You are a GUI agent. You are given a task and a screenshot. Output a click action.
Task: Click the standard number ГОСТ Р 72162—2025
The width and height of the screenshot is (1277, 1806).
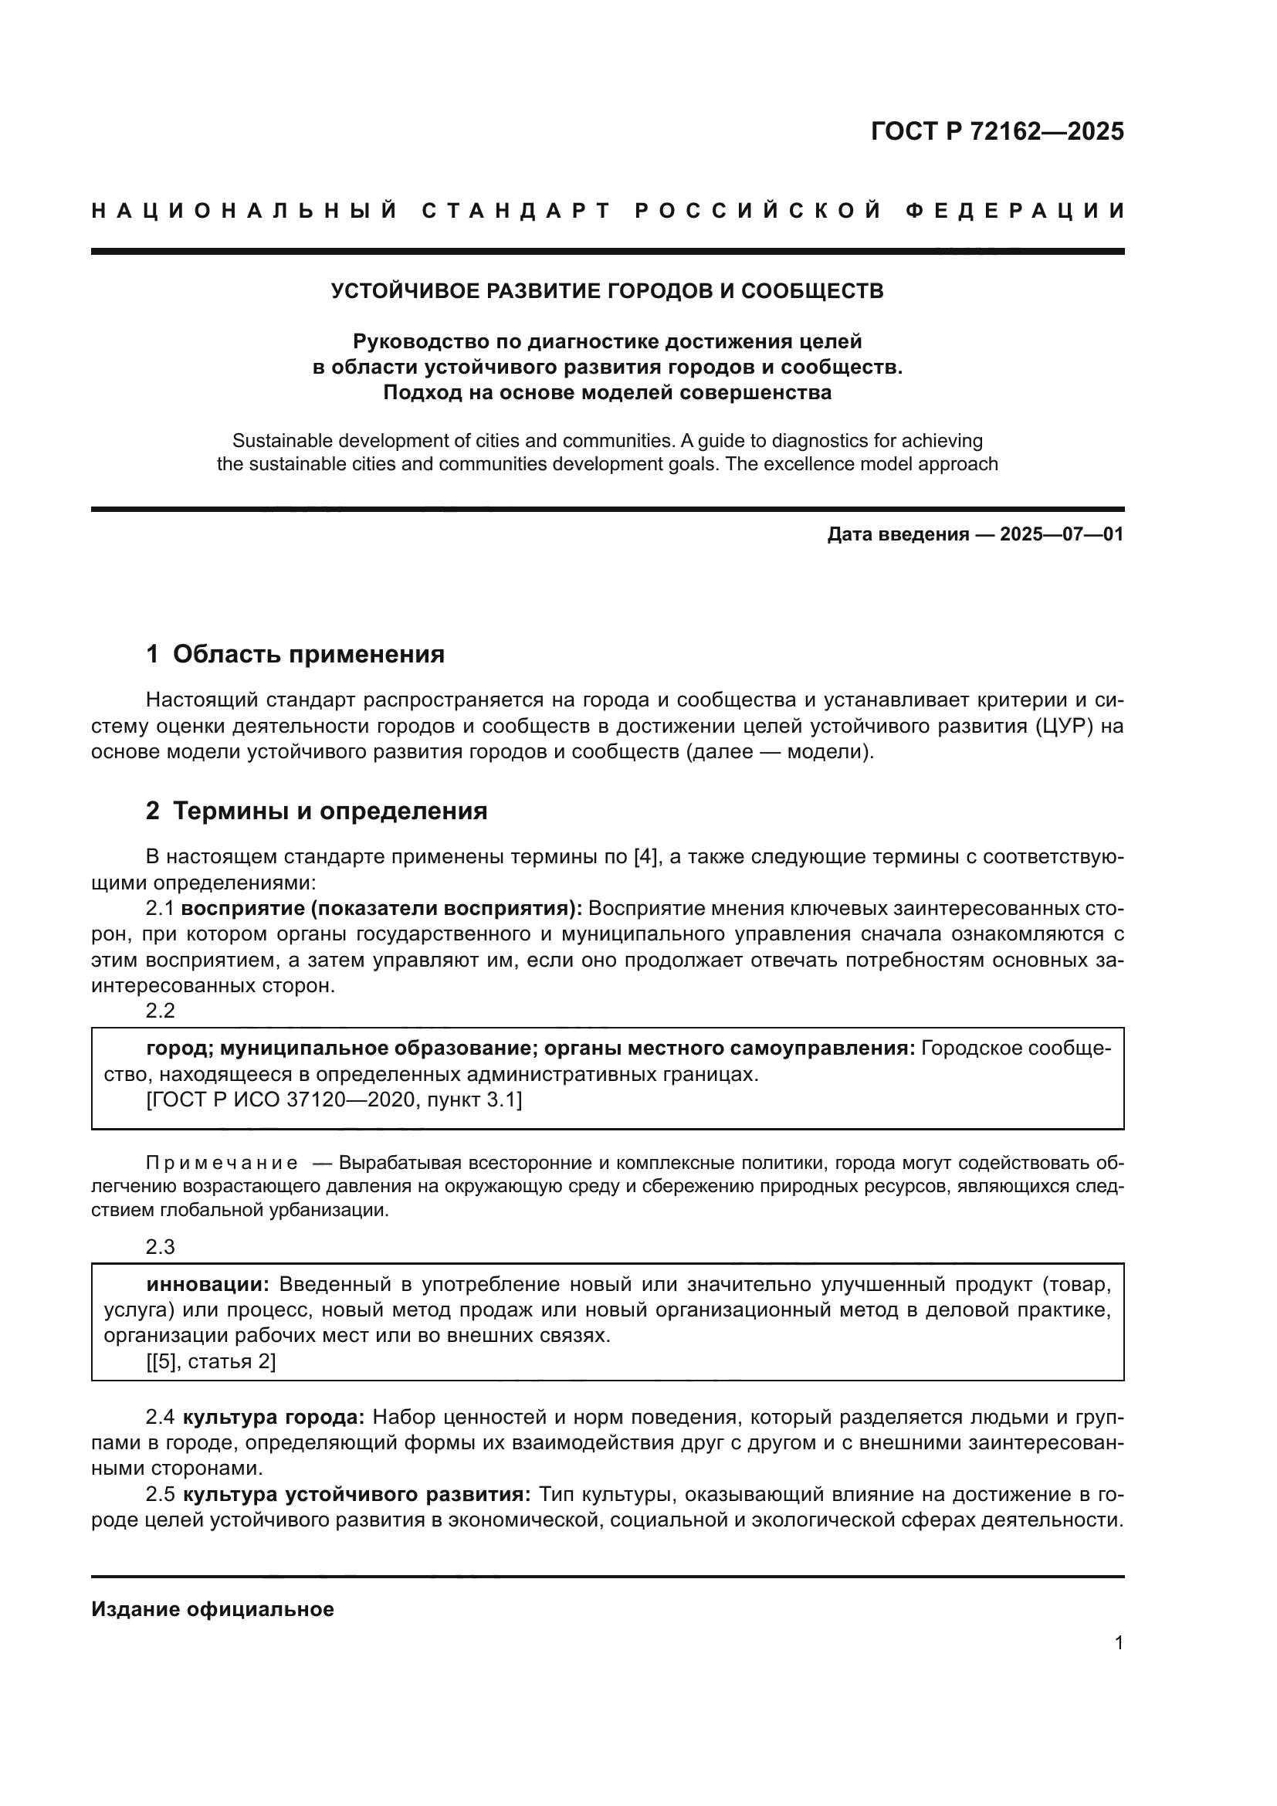pyautogui.click(x=997, y=131)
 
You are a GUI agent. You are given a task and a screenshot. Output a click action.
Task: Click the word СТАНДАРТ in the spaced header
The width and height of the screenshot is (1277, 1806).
pyautogui.click(x=517, y=211)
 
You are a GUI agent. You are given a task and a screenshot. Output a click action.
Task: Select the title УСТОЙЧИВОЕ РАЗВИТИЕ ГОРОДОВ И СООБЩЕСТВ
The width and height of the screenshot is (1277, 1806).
pyautogui.click(x=607, y=291)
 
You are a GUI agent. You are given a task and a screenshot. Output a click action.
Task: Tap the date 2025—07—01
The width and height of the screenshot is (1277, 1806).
pyautogui.click(x=1062, y=535)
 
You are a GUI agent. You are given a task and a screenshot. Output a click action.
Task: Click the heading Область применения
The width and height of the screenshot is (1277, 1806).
pyautogui.click(x=308, y=655)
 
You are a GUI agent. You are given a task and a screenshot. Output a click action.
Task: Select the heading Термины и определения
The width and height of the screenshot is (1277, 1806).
pyautogui.click(x=330, y=811)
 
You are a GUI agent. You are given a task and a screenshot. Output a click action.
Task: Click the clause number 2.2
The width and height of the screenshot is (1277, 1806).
pyautogui.click(x=161, y=1011)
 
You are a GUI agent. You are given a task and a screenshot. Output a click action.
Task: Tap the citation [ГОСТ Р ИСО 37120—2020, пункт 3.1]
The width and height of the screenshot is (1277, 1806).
pyautogui.click(x=334, y=1100)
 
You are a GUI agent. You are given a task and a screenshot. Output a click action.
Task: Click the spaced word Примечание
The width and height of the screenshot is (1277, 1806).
pyautogui.click(x=222, y=1164)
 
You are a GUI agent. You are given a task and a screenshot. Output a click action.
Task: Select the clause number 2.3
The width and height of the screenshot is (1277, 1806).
pyautogui.click(x=161, y=1247)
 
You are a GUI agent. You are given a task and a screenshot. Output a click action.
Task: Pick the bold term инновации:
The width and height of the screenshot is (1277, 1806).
pyautogui.click(x=208, y=1285)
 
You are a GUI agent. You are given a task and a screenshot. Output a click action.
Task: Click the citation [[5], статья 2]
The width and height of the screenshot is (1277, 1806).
pyautogui.click(x=211, y=1361)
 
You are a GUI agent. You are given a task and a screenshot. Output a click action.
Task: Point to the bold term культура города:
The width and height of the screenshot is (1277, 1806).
pyautogui.click(x=273, y=1418)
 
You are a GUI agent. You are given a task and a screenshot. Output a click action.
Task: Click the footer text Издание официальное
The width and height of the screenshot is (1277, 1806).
pyautogui.click(x=212, y=1609)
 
